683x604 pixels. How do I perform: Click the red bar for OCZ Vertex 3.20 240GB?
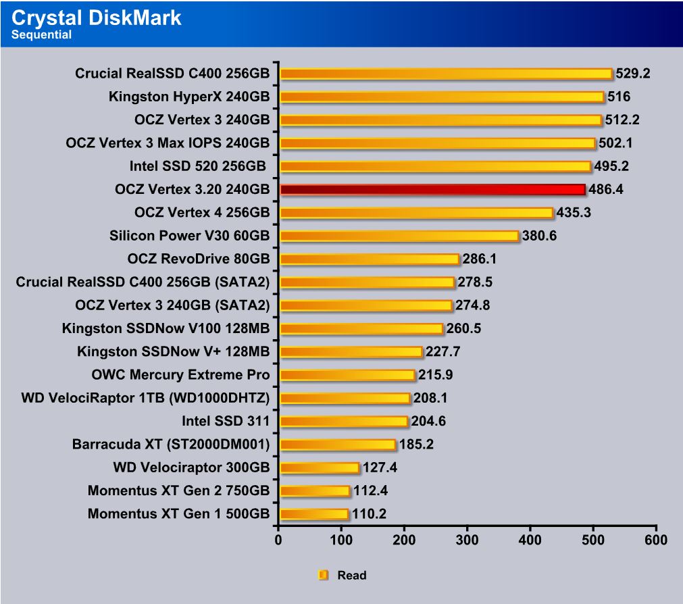[x=432, y=190]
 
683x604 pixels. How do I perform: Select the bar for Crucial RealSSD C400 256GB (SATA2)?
[x=367, y=282]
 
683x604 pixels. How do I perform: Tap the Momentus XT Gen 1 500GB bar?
[x=313, y=514]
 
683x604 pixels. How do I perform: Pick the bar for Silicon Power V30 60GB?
[x=399, y=236]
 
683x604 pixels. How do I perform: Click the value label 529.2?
[x=632, y=74]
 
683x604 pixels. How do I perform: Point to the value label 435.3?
[x=574, y=213]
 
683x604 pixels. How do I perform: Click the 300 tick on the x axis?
[x=467, y=540]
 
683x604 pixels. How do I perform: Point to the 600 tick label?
[x=655, y=540]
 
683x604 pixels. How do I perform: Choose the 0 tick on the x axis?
[x=278, y=540]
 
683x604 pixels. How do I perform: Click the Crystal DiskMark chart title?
[x=97, y=18]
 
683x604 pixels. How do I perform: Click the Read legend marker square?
[x=323, y=576]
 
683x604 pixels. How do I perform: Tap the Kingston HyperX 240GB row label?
[x=188, y=97]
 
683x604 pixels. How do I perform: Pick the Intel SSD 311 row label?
[x=226, y=422]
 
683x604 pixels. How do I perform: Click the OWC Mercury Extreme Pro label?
[x=180, y=375]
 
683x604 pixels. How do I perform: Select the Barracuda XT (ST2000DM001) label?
[x=171, y=445]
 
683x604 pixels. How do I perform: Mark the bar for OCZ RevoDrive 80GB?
[x=369, y=259]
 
